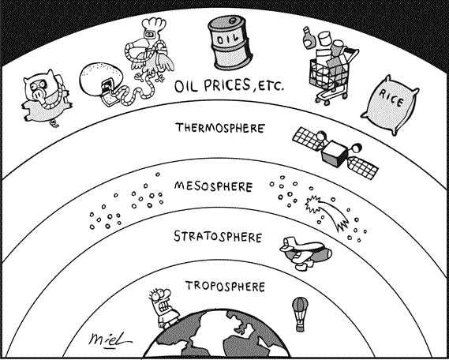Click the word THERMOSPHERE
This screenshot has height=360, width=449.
click(219, 128)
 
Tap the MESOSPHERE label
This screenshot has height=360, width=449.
click(213, 186)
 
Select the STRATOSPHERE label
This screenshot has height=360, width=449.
click(218, 237)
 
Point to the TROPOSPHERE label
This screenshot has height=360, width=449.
click(225, 286)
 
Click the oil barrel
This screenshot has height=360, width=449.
click(230, 43)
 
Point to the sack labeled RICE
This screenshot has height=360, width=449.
click(390, 103)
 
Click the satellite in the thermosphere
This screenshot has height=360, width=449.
click(335, 152)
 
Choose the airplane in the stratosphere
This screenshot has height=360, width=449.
click(305, 253)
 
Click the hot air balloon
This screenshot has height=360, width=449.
click(300, 314)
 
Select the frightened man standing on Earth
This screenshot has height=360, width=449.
click(162, 308)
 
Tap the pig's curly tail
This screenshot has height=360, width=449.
click(54, 124)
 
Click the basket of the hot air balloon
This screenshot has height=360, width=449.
click(300, 328)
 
